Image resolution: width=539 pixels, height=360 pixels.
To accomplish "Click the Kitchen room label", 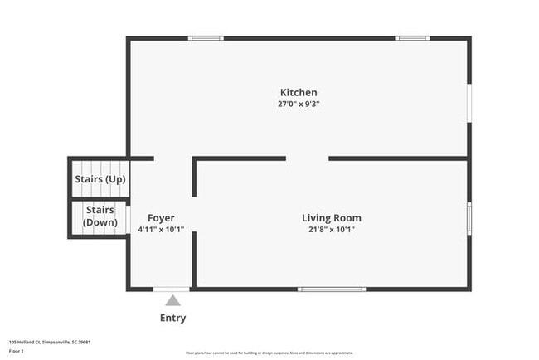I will pyautogui.click(x=299, y=92).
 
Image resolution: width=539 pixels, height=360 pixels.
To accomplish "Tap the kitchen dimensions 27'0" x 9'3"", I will pyautogui.click(x=299, y=105).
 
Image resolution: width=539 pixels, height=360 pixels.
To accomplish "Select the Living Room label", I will pyautogui.click(x=331, y=218).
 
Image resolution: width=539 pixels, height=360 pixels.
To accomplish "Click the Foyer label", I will pyautogui.click(x=161, y=218).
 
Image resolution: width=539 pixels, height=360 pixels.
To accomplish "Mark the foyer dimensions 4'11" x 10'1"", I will pyautogui.click(x=161, y=230).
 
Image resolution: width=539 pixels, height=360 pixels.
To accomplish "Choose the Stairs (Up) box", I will pyautogui.click(x=100, y=178).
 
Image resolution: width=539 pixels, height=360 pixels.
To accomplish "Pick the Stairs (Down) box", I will pyautogui.click(x=100, y=217).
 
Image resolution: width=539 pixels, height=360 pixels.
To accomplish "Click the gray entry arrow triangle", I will pyautogui.click(x=172, y=300).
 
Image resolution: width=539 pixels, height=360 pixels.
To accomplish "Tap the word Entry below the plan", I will pyautogui.click(x=172, y=318).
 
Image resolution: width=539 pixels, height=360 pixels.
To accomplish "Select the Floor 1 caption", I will pyautogui.click(x=17, y=352).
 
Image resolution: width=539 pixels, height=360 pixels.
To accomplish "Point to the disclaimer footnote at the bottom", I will pyautogui.click(x=269, y=353).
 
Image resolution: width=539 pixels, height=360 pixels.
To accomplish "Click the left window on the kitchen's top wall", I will pyautogui.click(x=206, y=37).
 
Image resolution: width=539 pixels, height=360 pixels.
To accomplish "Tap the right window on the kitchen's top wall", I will pyautogui.click(x=411, y=37).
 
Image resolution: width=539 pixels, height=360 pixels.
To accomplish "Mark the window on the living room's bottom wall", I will pyautogui.click(x=320, y=289).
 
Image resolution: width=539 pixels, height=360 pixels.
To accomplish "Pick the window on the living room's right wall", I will pyautogui.click(x=469, y=217).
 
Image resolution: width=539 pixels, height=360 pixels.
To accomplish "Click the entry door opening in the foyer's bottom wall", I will pyautogui.click(x=172, y=289).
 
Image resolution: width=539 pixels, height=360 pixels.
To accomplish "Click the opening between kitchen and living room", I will pyautogui.click(x=307, y=158).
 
